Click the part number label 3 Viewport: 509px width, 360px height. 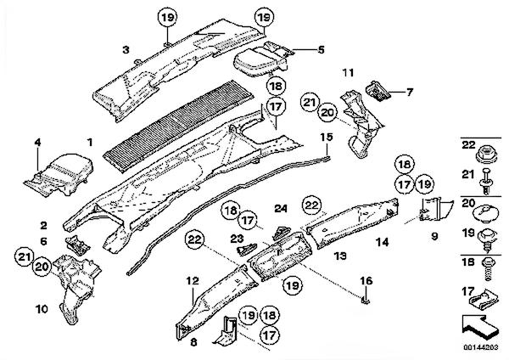125,51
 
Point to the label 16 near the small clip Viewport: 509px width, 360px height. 366,280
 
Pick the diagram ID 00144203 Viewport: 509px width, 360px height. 479,347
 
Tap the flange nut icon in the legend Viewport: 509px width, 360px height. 486,155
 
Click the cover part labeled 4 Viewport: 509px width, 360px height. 59,169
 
